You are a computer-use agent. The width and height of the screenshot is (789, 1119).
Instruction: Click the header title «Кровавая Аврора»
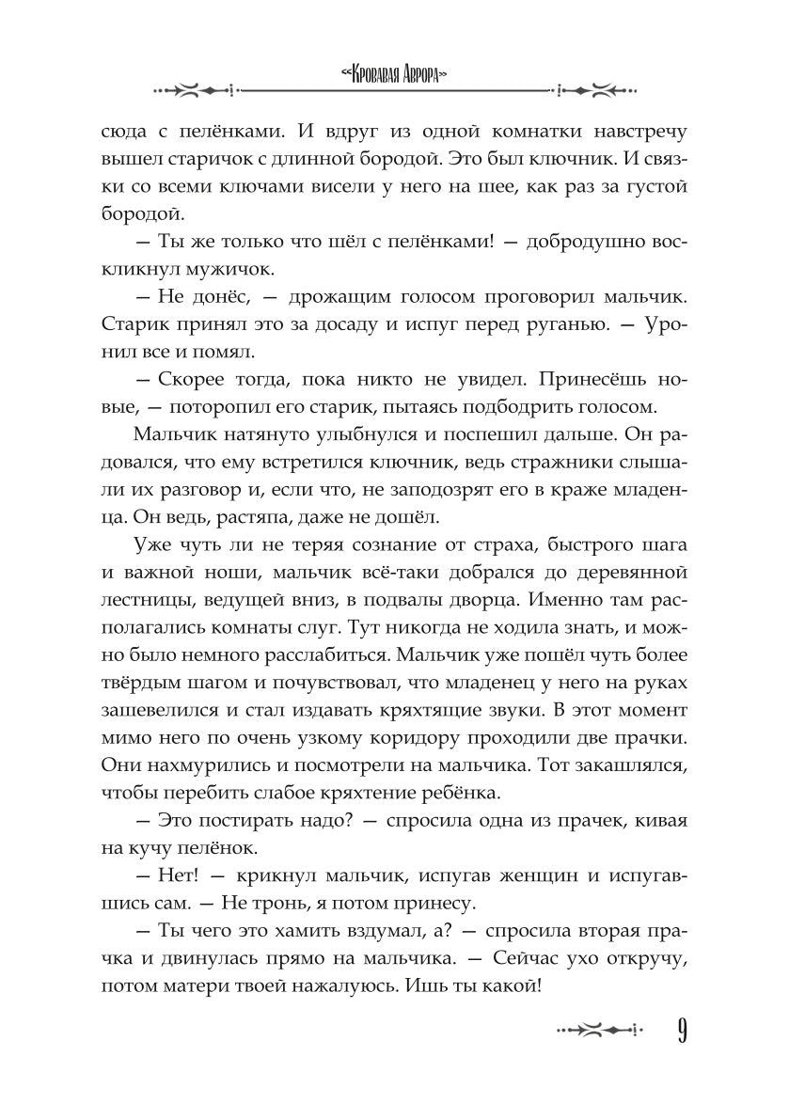[x=393, y=74]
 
